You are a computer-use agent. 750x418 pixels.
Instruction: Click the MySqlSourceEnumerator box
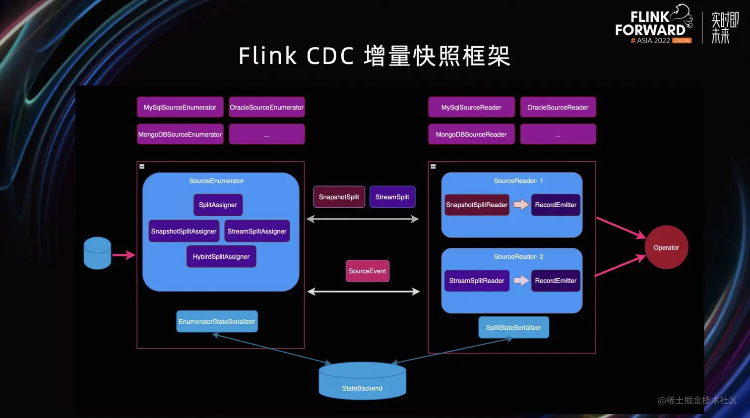click(180, 107)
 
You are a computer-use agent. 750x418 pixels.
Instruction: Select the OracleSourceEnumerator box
click(266, 107)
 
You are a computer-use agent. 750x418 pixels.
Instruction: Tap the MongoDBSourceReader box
click(471, 134)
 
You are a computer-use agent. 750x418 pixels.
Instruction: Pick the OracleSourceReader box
click(558, 107)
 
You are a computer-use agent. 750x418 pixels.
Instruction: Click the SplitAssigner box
click(218, 205)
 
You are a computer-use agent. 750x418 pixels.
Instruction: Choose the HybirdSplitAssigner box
click(221, 256)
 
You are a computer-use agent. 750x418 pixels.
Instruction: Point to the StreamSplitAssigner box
click(257, 231)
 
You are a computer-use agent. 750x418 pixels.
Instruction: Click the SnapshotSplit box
click(339, 197)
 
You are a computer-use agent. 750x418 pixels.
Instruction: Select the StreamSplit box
click(392, 197)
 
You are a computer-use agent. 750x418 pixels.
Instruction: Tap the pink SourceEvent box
click(367, 271)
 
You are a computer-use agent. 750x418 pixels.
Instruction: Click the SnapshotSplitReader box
click(477, 205)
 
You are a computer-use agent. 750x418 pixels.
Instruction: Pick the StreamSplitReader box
click(477, 281)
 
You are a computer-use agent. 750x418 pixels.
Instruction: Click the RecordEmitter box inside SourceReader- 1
click(556, 205)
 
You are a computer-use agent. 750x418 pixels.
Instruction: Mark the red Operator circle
click(666, 247)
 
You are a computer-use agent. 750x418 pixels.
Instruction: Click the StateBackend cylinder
click(362, 382)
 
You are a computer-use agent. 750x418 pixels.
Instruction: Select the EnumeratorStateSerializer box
click(217, 321)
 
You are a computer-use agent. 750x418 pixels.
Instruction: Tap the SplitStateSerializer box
click(513, 327)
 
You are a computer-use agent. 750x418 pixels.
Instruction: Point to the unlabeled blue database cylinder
click(97, 253)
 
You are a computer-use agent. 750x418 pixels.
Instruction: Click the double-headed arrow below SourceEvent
click(364, 292)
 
